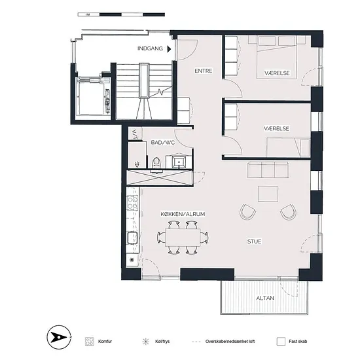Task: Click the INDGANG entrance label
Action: [x=150, y=48]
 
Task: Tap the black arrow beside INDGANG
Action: [x=170, y=49]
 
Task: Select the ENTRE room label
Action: [x=204, y=71]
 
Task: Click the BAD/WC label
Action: [x=163, y=142]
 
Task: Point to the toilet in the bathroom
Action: [x=156, y=164]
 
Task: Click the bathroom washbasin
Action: [x=179, y=162]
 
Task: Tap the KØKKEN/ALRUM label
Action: [x=183, y=214]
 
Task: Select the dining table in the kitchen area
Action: [x=183, y=237]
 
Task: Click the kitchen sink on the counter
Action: [x=132, y=238]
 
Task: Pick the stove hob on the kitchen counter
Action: [x=132, y=202]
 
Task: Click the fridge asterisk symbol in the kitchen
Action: [x=132, y=260]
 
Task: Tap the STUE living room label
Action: [x=254, y=242]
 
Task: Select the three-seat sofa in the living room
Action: [x=268, y=170]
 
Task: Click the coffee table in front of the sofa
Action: [x=268, y=194]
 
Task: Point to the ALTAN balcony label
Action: [x=265, y=298]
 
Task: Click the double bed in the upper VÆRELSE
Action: [x=277, y=58]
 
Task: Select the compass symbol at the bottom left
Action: [x=59, y=337]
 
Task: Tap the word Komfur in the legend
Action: [x=105, y=342]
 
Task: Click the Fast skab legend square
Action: [x=281, y=342]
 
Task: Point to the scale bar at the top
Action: [x=121, y=14]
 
